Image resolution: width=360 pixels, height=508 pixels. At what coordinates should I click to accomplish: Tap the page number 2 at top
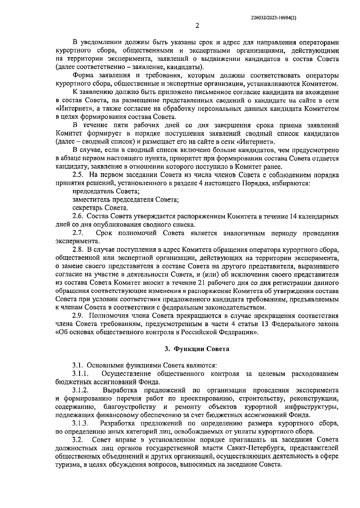coord(197,26)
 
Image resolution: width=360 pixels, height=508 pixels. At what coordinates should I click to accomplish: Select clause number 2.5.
coord(78,175)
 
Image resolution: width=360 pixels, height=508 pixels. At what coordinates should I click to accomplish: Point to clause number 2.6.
coord(78,216)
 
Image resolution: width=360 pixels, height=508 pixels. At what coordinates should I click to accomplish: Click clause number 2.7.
coord(78,233)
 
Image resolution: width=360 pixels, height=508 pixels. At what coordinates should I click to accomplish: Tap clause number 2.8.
coord(78,249)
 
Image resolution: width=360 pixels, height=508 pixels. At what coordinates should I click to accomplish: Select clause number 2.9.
coord(78,316)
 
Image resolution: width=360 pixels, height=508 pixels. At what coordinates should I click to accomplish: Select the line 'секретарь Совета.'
coord(100,208)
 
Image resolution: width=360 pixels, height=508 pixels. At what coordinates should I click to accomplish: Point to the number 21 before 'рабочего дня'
coord(202,283)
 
